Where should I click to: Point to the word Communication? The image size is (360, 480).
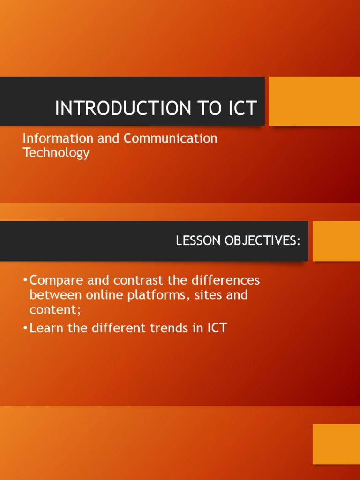click(170, 138)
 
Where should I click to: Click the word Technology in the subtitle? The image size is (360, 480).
click(56, 153)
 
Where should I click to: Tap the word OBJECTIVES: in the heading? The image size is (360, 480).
click(262, 240)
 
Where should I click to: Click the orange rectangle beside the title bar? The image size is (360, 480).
click(314, 101)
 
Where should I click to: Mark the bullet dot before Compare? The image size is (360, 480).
click(25, 281)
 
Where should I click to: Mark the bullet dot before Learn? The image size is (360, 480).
click(25, 328)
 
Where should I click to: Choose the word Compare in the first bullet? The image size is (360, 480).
click(57, 280)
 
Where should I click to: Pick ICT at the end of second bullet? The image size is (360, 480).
click(217, 328)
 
